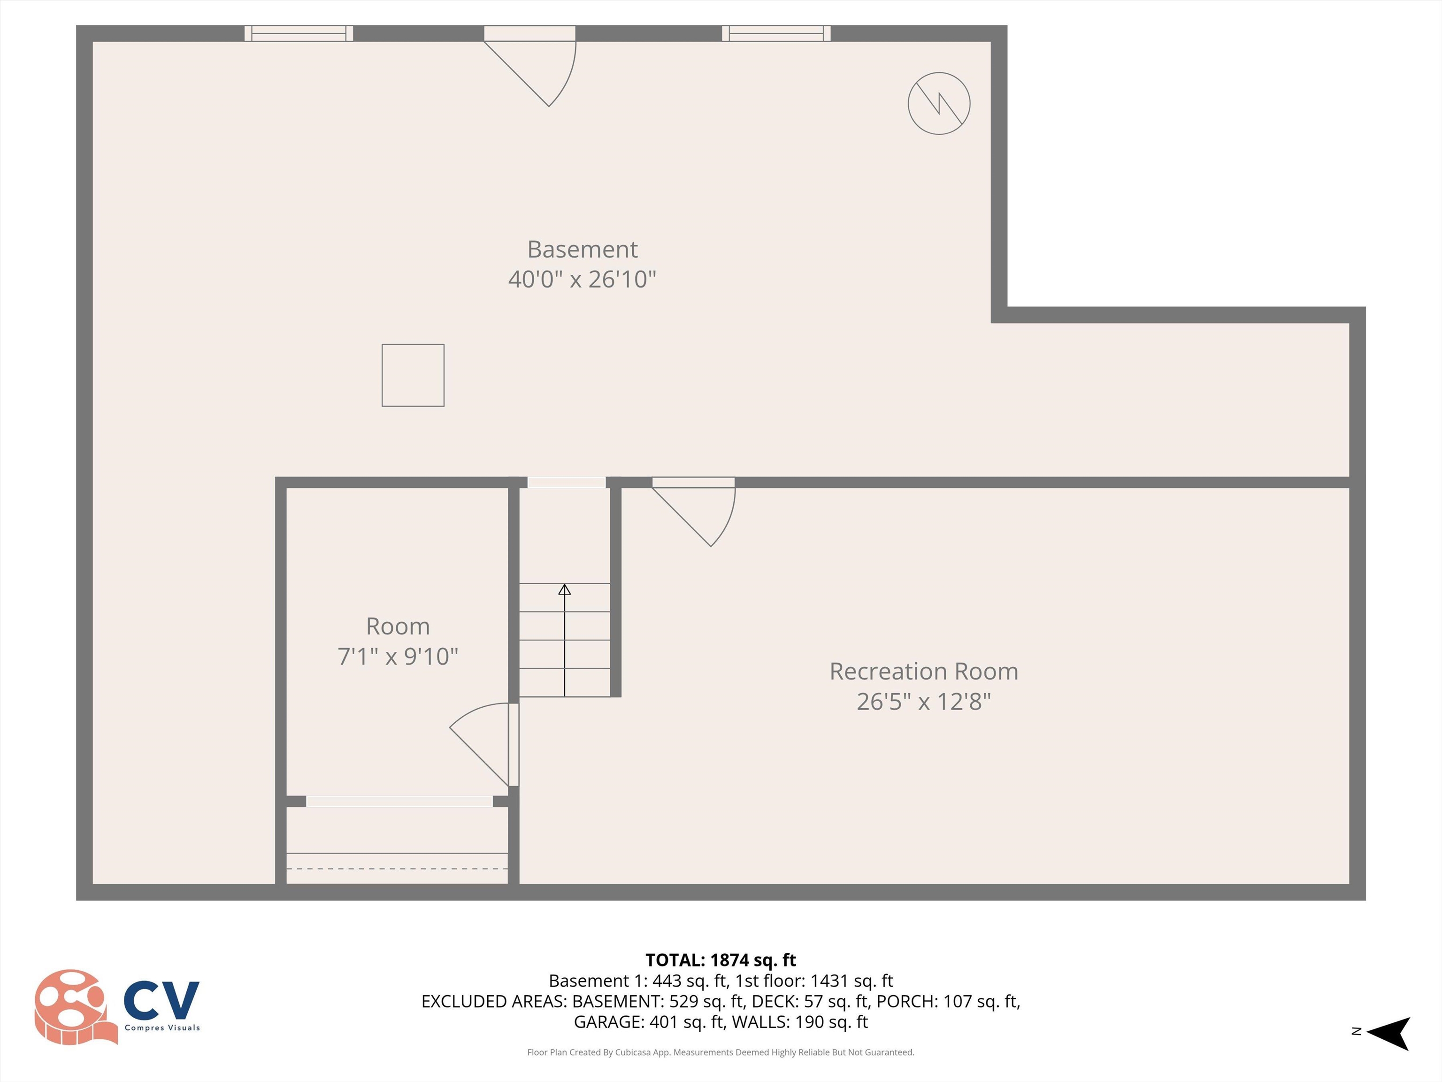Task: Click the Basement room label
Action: pyautogui.click(x=582, y=249)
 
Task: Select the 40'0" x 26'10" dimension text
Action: pyautogui.click(x=582, y=279)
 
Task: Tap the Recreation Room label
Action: pyautogui.click(x=923, y=671)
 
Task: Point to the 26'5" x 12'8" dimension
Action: pyautogui.click(x=923, y=702)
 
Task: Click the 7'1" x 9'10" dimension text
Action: pyautogui.click(x=398, y=656)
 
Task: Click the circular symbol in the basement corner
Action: pyautogui.click(x=939, y=104)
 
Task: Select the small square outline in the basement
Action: pyautogui.click(x=413, y=375)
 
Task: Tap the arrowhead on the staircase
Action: pyautogui.click(x=565, y=589)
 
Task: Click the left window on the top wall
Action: pyautogui.click(x=299, y=33)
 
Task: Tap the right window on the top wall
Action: pyautogui.click(x=776, y=33)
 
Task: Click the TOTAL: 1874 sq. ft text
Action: pyautogui.click(x=721, y=960)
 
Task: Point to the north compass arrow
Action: pyautogui.click(x=1389, y=1033)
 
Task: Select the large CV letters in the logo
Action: pyautogui.click(x=161, y=1000)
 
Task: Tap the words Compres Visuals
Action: pyautogui.click(x=162, y=1028)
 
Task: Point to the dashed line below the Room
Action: pyautogui.click(x=397, y=869)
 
